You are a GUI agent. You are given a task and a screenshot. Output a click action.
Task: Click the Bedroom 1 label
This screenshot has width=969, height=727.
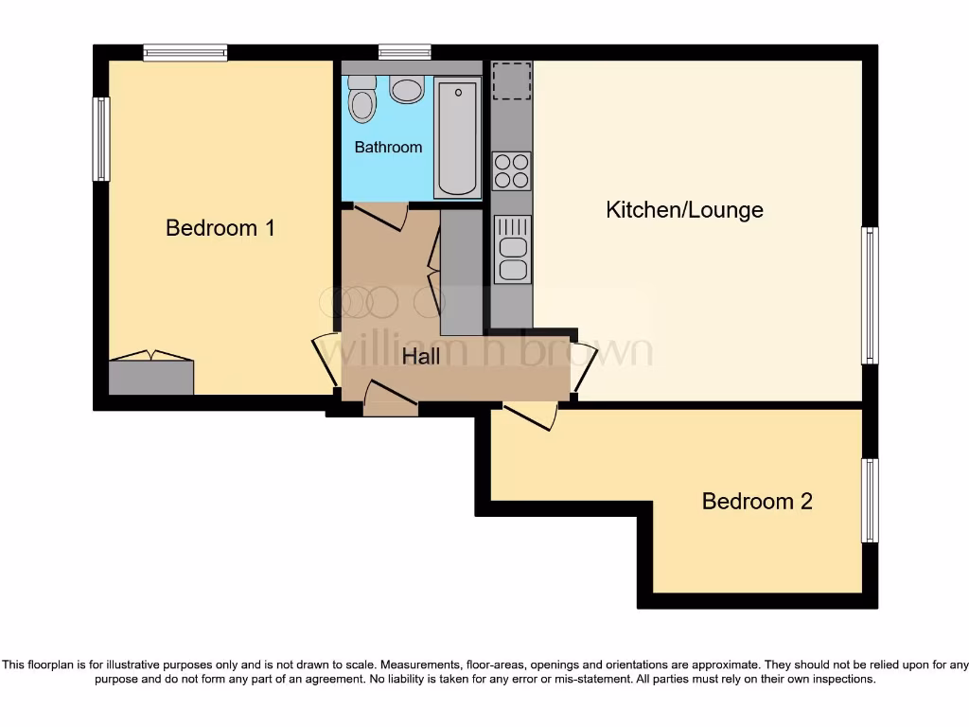tap(220, 228)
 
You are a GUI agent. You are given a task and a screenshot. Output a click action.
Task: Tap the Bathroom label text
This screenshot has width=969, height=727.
tap(388, 148)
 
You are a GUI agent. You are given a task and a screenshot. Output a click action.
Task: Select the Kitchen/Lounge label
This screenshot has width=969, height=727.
tap(684, 209)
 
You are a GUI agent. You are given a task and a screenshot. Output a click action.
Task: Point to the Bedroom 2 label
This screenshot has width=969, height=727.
tap(757, 501)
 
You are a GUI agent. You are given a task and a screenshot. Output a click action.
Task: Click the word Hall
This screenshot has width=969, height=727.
tap(421, 357)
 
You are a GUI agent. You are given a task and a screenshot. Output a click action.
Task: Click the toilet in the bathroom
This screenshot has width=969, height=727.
tap(361, 99)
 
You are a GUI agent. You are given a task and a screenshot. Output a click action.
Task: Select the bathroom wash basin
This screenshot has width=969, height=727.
tap(407, 91)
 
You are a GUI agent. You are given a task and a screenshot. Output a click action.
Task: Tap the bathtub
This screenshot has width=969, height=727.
tap(458, 137)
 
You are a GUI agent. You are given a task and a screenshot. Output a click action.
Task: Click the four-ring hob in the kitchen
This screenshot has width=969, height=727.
tap(511, 170)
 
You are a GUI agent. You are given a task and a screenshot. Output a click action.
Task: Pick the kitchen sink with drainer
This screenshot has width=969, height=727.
tap(512, 249)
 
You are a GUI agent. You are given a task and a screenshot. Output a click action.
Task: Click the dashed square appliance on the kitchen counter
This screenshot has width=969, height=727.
tap(511, 80)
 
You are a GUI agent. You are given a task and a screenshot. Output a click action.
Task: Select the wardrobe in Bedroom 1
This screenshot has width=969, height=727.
tap(151, 376)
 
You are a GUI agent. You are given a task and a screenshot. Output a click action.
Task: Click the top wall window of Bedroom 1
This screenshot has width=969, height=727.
tap(185, 52)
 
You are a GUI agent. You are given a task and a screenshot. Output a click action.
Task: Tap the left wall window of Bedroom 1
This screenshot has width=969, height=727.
tap(100, 138)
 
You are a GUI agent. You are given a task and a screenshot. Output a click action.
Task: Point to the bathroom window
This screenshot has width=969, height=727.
tap(405, 52)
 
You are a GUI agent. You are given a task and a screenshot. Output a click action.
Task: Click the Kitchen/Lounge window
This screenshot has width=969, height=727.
tap(870, 294)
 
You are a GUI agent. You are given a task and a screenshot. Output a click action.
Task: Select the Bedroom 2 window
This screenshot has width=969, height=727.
tap(870, 500)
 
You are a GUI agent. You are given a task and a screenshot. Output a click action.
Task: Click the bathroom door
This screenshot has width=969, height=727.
tap(380, 217)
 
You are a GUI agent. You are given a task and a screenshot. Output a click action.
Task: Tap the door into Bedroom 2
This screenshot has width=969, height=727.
tap(530, 415)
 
